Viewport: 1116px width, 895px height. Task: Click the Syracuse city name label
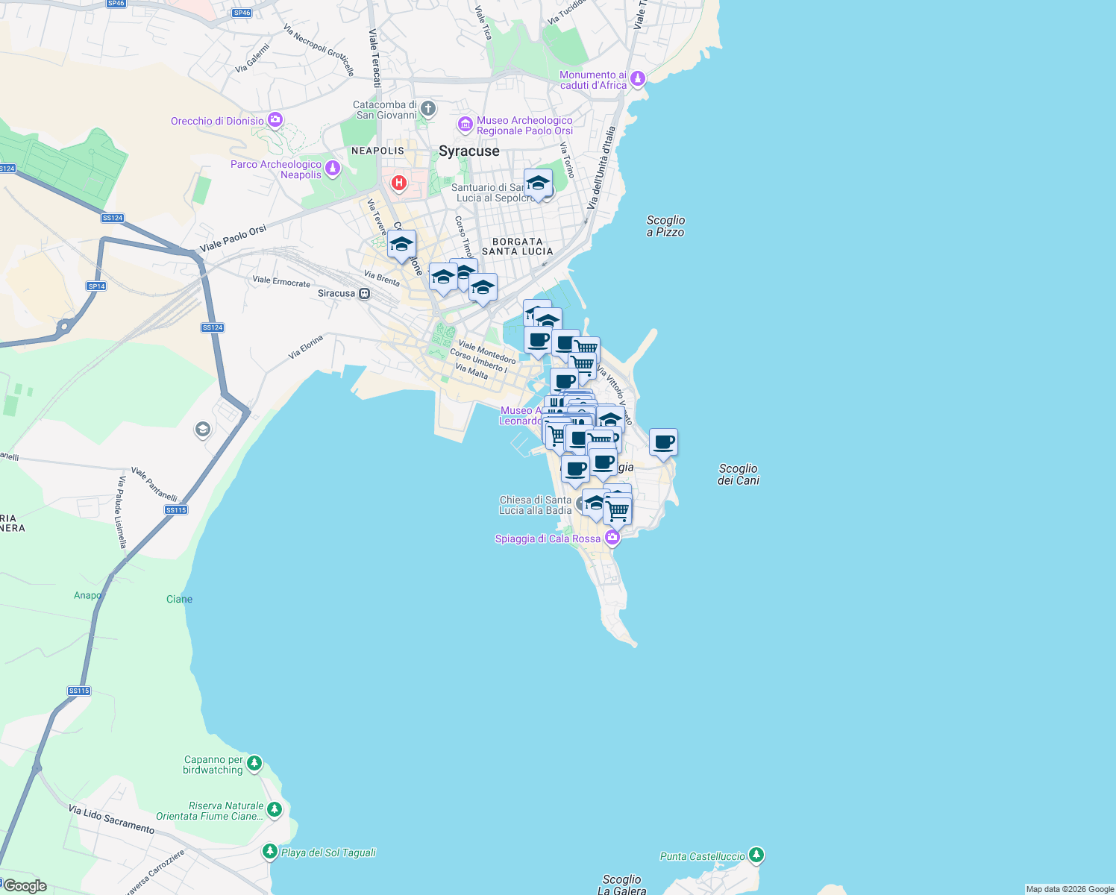tap(468, 151)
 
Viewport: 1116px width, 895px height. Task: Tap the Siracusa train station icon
tap(365, 294)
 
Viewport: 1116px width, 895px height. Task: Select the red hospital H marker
tap(399, 183)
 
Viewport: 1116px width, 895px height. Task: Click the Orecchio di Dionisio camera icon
tap(275, 119)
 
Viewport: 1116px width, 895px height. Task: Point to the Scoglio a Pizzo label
tap(665, 226)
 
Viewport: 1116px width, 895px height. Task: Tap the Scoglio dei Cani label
tap(738, 474)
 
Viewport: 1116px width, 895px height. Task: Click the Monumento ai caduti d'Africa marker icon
tap(637, 78)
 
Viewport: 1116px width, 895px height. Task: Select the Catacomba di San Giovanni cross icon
tap(428, 109)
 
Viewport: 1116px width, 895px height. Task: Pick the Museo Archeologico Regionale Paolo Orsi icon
tap(465, 125)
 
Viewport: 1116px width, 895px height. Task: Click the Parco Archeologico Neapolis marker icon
tap(333, 169)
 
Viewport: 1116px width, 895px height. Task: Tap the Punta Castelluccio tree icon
tap(756, 855)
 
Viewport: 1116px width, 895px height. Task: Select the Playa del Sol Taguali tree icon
tap(270, 851)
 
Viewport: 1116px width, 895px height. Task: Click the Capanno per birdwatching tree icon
tap(254, 763)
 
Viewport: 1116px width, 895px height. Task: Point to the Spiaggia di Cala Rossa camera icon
tap(612, 537)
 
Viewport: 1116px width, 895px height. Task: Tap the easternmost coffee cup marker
tap(663, 442)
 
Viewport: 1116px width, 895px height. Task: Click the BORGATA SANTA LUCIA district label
tap(518, 247)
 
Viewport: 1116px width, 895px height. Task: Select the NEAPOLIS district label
tap(377, 151)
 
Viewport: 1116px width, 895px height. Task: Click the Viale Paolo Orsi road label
tap(233, 239)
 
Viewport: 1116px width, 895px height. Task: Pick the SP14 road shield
tap(96, 286)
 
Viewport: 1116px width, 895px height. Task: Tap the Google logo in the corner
tap(25, 886)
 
